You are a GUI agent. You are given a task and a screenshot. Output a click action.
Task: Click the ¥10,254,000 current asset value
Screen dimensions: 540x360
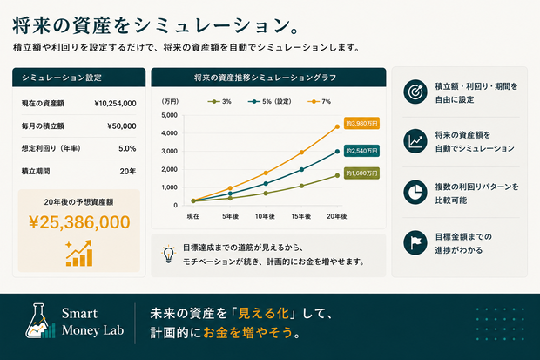tap(115, 104)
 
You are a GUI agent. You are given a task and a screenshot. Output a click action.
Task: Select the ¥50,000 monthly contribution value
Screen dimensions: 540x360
tap(122, 126)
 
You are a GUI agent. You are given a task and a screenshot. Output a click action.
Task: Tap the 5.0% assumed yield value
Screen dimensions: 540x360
tap(127, 149)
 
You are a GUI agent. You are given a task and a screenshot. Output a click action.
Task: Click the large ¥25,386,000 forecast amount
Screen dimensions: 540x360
tap(79, 222)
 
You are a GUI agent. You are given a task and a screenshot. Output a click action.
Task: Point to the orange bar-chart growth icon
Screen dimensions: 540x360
tap(79, 254)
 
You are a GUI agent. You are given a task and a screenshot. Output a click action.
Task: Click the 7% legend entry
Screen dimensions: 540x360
tap(320, 101)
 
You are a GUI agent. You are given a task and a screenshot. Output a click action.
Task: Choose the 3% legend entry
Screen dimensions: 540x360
tap(219, 101)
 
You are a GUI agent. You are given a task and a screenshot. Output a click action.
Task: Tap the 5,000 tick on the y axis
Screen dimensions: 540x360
tap(170, 115)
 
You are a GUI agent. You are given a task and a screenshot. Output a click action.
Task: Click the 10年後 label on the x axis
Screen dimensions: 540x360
tap(265, 216)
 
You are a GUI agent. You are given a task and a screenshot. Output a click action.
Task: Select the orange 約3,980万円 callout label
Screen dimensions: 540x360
tap(361, 123)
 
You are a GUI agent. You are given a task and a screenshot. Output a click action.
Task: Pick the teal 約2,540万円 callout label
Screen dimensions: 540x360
tap(361, 151)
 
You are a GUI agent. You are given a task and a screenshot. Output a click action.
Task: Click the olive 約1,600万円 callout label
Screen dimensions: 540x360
tap(361, 173)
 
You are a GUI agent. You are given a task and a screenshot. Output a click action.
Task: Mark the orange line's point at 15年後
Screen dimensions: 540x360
tap(301, 152)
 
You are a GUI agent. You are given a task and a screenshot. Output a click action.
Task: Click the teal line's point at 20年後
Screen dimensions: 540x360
tap(337, 152)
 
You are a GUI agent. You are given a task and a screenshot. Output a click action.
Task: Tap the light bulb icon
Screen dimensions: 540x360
tap(168, 255)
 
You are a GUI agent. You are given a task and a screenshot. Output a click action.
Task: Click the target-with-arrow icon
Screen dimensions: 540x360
tap(415, 92)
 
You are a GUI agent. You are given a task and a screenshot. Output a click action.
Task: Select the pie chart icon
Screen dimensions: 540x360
tap(415, 192)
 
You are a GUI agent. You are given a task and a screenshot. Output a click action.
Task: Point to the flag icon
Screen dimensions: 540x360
tap(415, 242)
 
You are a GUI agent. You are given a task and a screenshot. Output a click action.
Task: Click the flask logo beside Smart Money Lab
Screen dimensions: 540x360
tap(40, 321)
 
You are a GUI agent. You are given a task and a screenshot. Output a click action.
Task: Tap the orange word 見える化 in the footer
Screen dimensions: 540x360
tap(263, 313)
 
